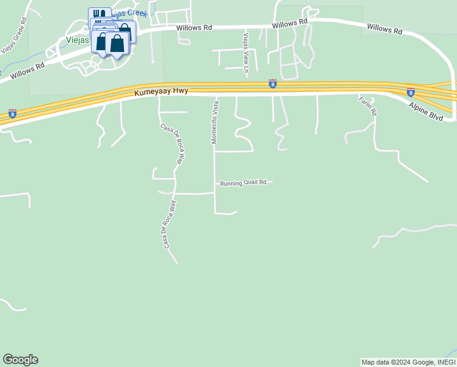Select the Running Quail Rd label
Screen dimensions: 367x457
pos(244,182)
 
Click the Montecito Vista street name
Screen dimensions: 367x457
pos(214,122)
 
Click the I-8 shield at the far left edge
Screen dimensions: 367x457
pos(12,113)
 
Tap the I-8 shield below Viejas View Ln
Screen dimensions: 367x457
pos(272,84)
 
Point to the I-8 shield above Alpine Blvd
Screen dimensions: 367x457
pos(411,92)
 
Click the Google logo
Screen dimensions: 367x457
pos(20,360)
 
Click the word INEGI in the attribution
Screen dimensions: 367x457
pos(444,362)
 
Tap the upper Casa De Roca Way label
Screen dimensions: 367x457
pos(172,144)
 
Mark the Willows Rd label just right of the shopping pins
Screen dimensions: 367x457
pos(194,28)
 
